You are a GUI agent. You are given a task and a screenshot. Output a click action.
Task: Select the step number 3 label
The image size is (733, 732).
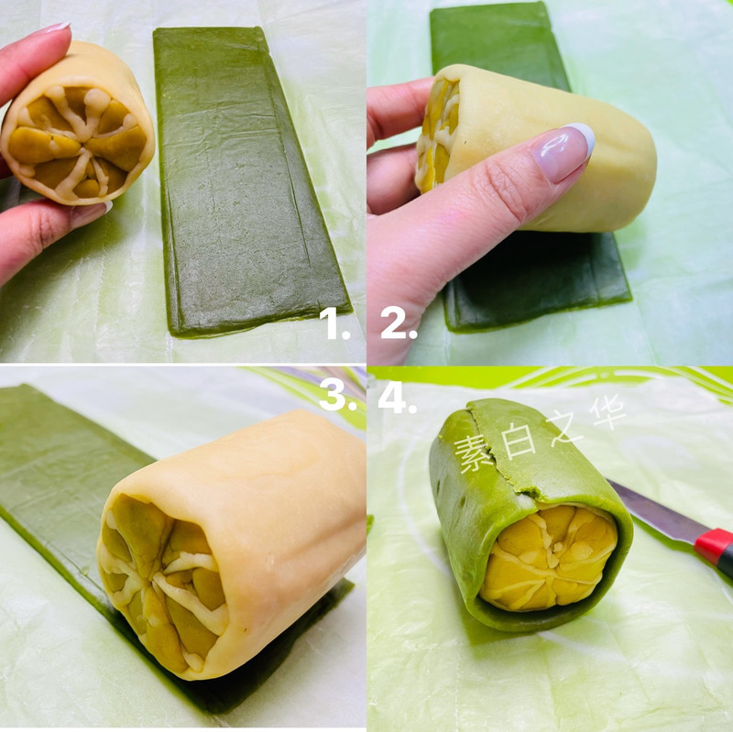[338, 394]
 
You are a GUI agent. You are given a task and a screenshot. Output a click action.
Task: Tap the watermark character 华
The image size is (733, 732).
[607, 411]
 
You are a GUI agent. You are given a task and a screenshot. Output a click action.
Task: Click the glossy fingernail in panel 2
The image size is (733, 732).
[563, 151]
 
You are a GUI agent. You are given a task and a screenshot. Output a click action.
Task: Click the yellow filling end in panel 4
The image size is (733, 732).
[549, 558]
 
